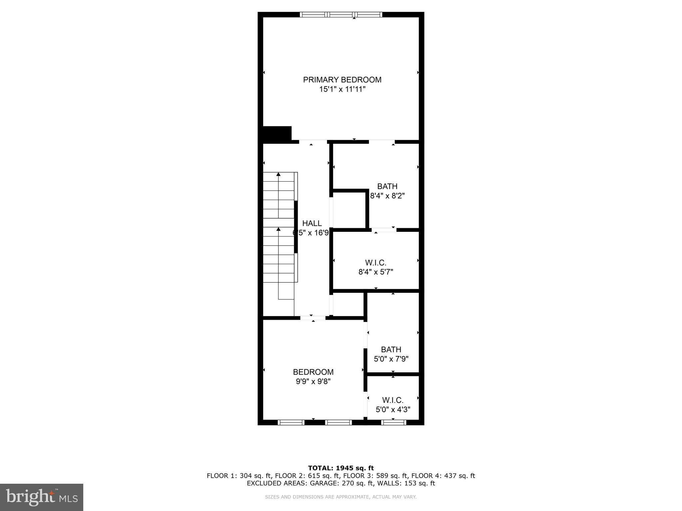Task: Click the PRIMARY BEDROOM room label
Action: point(342,80)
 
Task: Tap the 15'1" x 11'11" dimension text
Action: point(342,89)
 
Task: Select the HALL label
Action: point(312,223)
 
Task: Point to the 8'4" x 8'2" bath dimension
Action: point(387,196)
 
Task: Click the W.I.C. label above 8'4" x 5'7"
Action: point(376,263)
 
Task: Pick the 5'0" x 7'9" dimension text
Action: point(391,359)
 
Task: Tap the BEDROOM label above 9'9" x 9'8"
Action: point(313,372)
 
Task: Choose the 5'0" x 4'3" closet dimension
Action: point(393,410)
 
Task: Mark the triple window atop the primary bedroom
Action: point(341,14)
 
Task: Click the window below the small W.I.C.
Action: point(393,423)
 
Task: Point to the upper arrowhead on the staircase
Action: point(278,174)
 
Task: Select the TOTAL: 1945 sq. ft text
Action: point(341,468)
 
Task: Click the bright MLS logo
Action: point(41,497)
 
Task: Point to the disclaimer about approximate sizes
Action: point(341,497)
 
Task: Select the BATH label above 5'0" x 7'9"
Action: point(391,350)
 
